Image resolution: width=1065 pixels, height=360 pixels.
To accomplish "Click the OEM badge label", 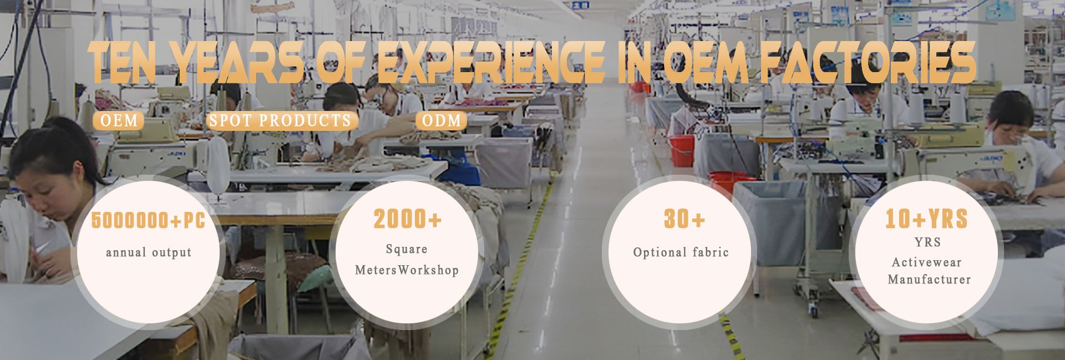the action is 119,120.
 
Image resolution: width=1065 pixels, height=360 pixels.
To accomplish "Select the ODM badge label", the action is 442,120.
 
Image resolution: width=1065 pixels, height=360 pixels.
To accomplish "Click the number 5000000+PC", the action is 148,220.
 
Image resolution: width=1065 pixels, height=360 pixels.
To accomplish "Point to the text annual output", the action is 149,252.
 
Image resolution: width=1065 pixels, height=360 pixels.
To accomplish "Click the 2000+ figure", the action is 408,219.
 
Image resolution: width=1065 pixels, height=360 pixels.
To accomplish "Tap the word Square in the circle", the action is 407,250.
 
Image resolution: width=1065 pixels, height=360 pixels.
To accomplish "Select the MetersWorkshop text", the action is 407,270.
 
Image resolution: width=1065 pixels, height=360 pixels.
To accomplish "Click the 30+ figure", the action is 684,219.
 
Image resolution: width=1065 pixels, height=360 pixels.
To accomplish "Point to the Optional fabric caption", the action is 681,252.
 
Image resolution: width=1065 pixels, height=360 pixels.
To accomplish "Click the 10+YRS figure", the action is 926,219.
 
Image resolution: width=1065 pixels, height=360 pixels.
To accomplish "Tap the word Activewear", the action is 926,262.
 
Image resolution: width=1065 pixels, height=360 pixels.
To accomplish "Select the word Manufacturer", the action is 929,280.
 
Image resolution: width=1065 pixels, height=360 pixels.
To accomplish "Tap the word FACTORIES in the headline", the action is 868,62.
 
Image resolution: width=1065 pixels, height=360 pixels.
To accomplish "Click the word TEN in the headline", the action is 123,62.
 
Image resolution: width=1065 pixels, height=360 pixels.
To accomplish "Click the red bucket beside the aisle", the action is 682,150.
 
